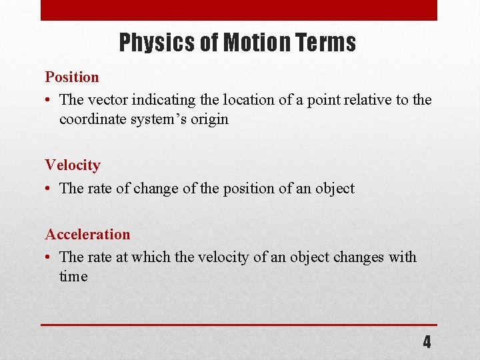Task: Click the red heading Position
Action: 72,77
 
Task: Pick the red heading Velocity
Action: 73,165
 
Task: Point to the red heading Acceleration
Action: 87,235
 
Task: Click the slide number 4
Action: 427,343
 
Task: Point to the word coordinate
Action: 92,119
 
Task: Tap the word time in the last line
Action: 73,277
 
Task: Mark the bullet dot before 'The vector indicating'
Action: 49,101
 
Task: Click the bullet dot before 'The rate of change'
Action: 49,189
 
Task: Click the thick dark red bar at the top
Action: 239,10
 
